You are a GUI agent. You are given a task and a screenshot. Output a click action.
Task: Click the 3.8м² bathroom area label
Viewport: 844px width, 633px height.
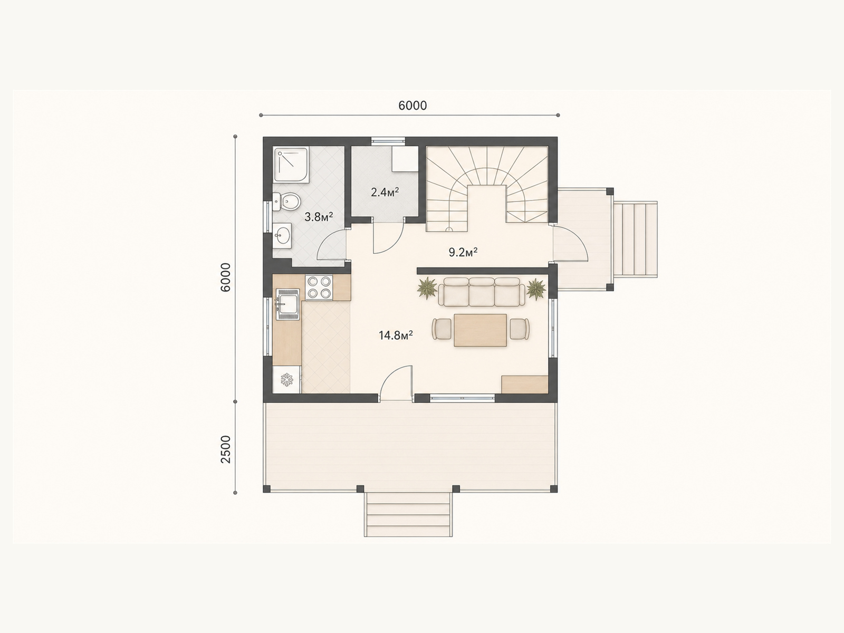[x=319, y=217]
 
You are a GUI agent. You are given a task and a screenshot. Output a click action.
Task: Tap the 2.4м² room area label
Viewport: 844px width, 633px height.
[x=385, y=192]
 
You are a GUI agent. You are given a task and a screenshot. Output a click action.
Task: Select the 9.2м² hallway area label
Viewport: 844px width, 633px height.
[x=463, y=252]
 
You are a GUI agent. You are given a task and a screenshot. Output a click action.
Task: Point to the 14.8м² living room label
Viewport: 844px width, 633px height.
[x=396, y=335]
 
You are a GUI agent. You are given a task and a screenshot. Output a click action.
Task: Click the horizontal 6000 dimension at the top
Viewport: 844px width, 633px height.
[x=413, y=105]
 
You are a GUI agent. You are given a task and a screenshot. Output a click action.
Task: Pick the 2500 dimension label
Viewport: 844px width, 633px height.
[x=226, y=449]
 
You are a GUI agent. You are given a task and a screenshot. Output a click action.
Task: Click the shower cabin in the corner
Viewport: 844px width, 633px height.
[x=292, y=164]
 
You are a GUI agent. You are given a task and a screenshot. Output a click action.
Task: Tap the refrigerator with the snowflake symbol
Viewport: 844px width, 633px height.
[x=287, y=380]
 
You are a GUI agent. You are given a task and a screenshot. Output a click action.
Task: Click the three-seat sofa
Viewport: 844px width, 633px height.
[x=482, y=292]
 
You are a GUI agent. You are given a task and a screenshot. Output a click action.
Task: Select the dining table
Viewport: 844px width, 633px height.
[x=480, y=330]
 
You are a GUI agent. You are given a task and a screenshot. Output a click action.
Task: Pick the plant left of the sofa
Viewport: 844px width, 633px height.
[x=427, y=288]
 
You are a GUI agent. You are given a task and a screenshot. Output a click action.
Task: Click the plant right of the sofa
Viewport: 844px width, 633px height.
[x=536, y=289]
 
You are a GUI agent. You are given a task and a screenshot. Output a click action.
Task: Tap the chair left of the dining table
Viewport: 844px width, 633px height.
[x=442, y=329]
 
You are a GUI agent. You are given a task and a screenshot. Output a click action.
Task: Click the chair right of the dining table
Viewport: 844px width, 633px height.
[x=520, y=329]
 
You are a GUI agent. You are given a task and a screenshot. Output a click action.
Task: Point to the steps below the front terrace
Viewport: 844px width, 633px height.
[x=408, y=515]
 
